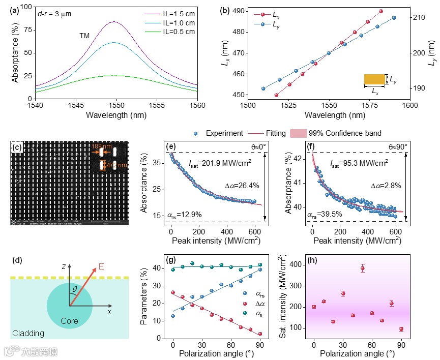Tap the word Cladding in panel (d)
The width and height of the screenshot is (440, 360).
pyautogui.click(x=27, y=334)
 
